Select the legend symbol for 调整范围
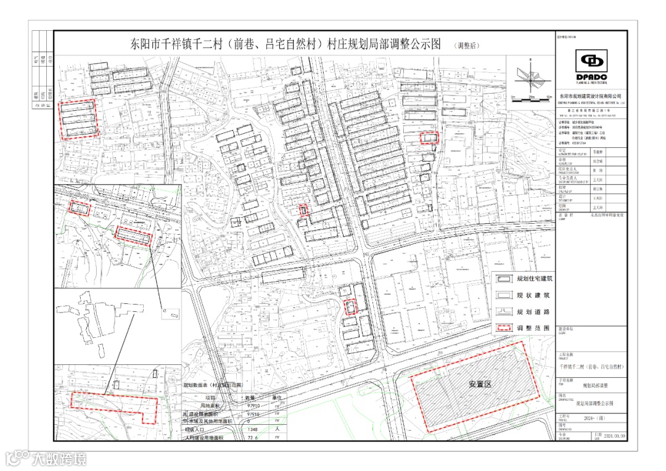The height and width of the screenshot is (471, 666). click(x=504, y=328)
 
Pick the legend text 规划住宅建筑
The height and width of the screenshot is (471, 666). click(x=535, y=279)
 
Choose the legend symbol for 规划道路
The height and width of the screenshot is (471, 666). click(x=504, y=312)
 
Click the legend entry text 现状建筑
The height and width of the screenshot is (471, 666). click(x=535, y=296)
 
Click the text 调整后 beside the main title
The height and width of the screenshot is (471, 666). click(x=469, y=46)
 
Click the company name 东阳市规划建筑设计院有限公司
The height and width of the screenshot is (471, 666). click(x=591, y=97)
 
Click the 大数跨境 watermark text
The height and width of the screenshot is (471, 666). click(x=59, y=459)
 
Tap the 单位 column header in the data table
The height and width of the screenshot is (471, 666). click(x=277, y=399)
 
